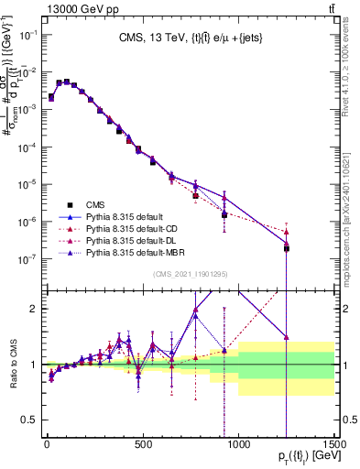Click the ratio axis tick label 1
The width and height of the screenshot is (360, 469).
[x=35, y=365]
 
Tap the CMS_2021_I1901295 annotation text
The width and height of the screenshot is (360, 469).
[x=191, y=276]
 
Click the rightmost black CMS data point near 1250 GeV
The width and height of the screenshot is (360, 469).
[x=287, y=248]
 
